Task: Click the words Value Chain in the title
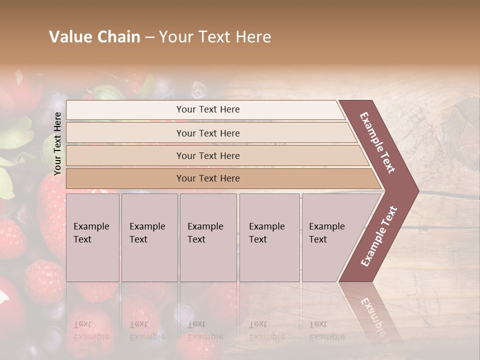94,37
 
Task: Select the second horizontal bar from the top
208,133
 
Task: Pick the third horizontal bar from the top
208,155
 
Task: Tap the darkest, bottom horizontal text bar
208,178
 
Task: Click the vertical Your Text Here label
57,143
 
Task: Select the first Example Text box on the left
92,237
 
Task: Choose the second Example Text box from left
149,237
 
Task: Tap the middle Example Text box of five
207,237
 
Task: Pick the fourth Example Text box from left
269,237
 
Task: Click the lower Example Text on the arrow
379,236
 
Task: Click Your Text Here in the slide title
215,37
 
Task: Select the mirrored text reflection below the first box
91,330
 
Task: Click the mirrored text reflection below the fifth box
326,330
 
